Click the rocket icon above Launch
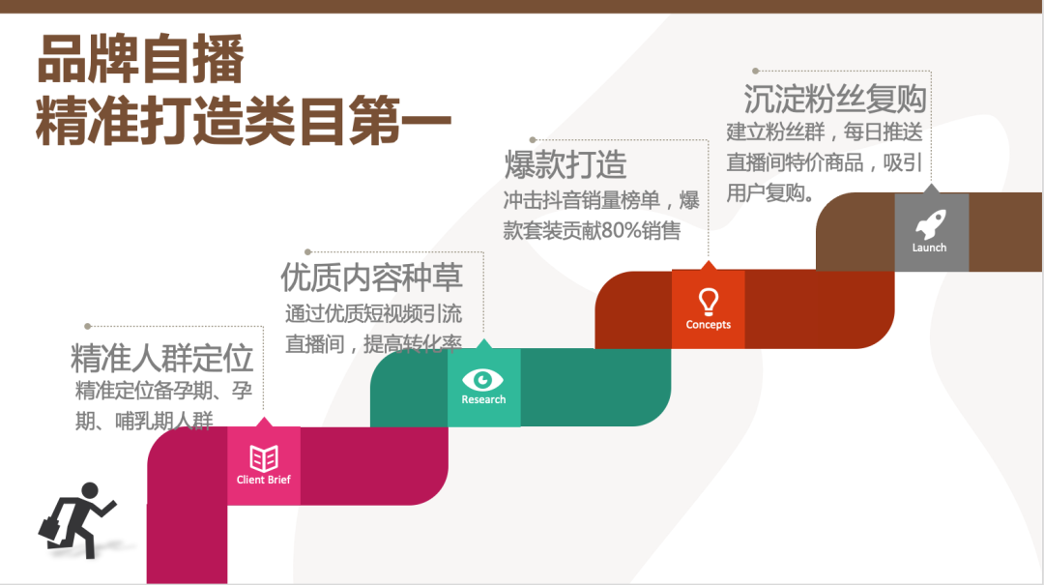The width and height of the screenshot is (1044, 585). pos(930,224)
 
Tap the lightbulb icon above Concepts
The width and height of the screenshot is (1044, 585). pos(709,302)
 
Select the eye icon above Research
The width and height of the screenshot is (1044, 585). pos(482,380)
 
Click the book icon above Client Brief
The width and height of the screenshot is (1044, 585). pos(264,458)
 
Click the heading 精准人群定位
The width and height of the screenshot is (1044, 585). pos(161,359)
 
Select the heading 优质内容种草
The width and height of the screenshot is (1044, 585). pos(371,278)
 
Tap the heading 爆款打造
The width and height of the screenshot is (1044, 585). pos(565,164)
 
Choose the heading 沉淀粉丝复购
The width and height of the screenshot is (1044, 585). pos(835,100)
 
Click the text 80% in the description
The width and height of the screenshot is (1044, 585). pos(622,230)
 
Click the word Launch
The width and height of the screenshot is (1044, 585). pos(930,248)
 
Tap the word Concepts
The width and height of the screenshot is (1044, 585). pos(709,325)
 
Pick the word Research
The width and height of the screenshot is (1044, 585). pos(483,399)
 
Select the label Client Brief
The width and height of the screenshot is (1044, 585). pos(264,480)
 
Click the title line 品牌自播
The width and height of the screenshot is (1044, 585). pos(140,59)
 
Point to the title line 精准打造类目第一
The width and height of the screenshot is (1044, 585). pos(244,121)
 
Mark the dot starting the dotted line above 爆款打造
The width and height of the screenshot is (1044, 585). pos(533,140)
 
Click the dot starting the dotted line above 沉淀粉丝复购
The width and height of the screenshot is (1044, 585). pos(756,71)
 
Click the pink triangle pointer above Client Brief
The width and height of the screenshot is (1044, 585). pos(264,422)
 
